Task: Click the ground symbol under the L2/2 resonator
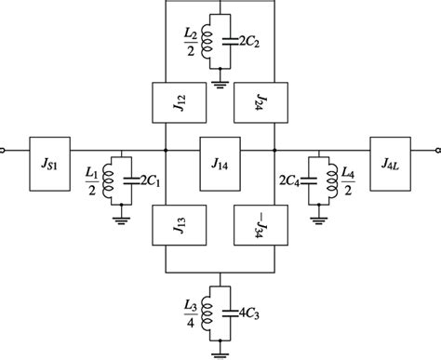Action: click(220, 85)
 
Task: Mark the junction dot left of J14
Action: click(166, 148)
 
